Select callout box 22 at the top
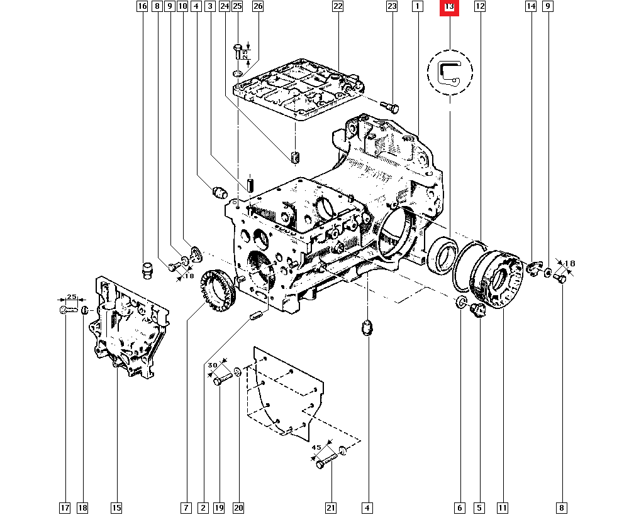(338, 7)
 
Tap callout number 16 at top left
(142, 7)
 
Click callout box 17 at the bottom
(65, 507)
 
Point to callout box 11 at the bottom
(502, 507)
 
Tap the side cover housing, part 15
(129, 330)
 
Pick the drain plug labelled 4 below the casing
(367, 328)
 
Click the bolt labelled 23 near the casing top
(391, 107)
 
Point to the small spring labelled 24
(294, 157)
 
